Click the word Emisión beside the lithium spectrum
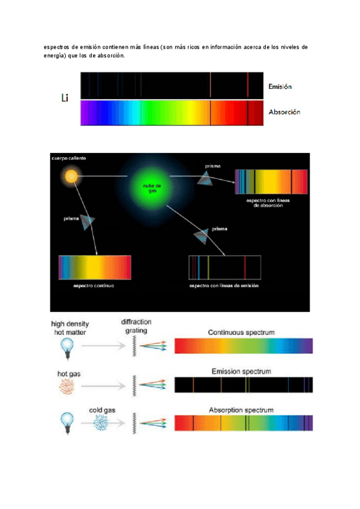pos(280,87)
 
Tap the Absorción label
pos(284,112)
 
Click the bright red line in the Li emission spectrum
pos(248,84)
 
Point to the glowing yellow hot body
pos(71,176)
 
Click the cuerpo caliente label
pos(69,158)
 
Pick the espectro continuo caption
pos(94,286)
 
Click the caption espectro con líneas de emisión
pos(224,286)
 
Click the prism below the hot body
pos(88,222)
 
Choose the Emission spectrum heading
pos(241,372)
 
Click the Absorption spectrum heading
pos(241,410)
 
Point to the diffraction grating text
pos(134,326)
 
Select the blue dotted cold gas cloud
pos(104,424)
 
